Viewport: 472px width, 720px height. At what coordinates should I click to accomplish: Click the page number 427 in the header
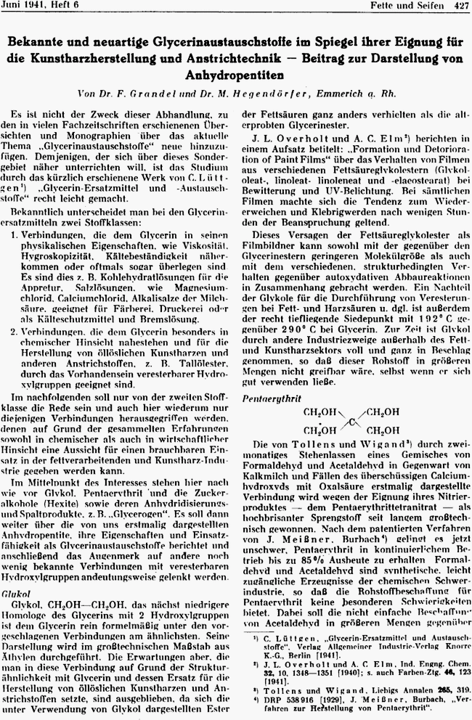pyautogui.click(x=460, y=6)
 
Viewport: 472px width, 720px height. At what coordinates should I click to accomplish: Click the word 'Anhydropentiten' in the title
pyautogui.click(x=236, y=75)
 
